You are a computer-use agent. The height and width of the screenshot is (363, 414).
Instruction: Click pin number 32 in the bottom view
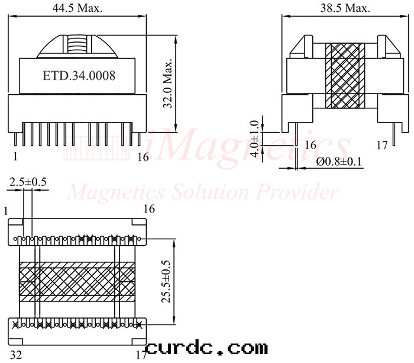[x=15, y=355]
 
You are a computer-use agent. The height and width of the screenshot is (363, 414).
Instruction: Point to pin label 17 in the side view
[x=381, y=144]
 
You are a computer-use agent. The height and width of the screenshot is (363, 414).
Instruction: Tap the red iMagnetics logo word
[x=248, y=144]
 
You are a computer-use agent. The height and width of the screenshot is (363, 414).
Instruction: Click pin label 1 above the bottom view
[x=5, y=210]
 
